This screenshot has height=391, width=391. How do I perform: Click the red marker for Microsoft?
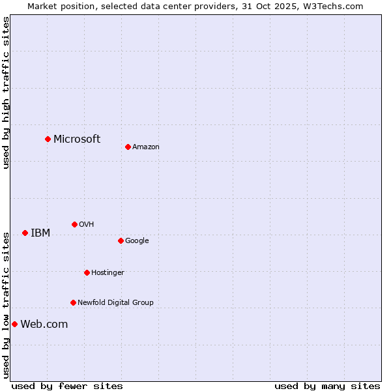coord(48,139)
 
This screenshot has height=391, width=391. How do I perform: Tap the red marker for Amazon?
coord(128,147)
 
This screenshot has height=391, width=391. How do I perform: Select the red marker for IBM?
coord(25,233)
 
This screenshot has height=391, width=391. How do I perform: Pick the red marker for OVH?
coord(74,224)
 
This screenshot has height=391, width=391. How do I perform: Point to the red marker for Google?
coord(121,240)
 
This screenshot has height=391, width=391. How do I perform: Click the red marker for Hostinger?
coord(87,272)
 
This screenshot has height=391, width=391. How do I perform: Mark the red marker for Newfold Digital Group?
coord(73,302)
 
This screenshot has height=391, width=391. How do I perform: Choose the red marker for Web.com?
coord(14,324)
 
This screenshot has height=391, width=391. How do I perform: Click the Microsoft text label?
coord(77,139)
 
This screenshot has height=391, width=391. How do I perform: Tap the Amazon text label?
coord(146,147)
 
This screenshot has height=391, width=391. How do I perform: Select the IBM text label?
coord(40,233)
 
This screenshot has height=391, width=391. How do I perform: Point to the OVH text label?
coord(87,225)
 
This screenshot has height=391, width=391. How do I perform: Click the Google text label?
coord(137,241)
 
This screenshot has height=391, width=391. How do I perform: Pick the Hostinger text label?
coord(108,273)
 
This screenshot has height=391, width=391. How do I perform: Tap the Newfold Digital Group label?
coord(115,303)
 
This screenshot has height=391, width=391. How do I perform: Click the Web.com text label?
coord(44,325)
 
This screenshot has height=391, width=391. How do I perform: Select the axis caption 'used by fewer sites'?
coord(67,386)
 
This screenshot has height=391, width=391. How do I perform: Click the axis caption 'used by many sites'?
coord(327,386)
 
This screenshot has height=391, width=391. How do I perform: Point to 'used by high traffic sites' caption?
coord(7,93)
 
